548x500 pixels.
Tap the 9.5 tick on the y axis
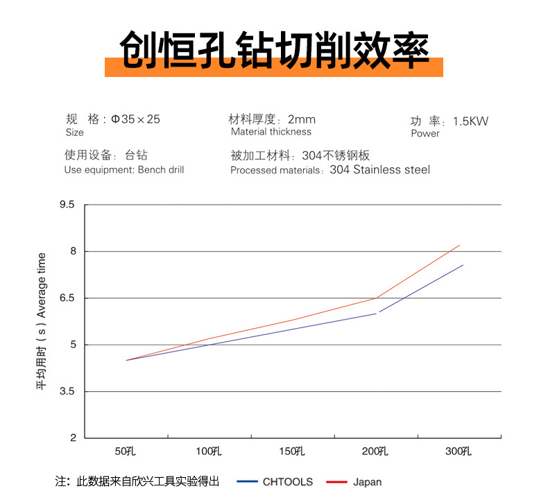click(x=67, y=205)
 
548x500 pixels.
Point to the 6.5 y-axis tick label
click(x=67, y=298)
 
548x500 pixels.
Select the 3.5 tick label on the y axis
click(x=67, y=392)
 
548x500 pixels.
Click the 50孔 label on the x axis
click(x=126, y=452)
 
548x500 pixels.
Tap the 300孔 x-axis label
click(x=459, y=452)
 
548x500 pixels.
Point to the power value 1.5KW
click(x=470, y=121)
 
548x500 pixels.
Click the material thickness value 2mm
click(x=301, y=119)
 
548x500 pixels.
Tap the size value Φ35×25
click(x=135, y=119)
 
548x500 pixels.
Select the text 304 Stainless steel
click(x=379, y=170)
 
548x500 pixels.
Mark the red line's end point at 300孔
click(x=460, y=245)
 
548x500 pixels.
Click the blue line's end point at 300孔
click(x=463, y=265)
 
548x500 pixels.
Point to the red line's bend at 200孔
click(x=376, y=298)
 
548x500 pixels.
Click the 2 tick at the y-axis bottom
click(x=72, y=438)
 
